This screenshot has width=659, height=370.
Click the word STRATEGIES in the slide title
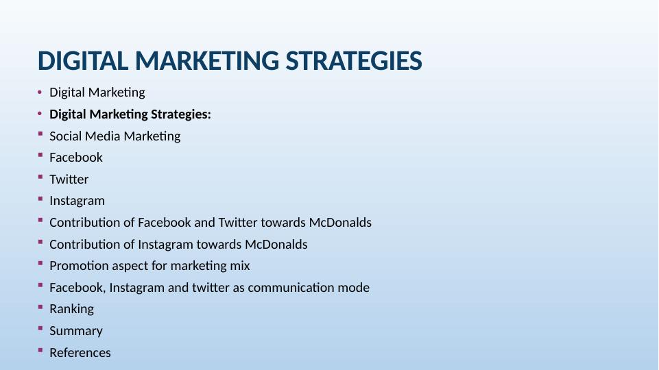[354, 61]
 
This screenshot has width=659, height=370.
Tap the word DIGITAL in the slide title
[83, 61]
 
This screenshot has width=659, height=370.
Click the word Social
[65, 136]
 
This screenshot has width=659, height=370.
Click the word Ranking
[71, 310]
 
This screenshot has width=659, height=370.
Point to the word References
[80, 353]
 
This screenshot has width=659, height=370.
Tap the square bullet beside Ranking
[40, 307]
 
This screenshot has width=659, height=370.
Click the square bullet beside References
[40, 350]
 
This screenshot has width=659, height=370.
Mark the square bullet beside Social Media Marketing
[40, 134]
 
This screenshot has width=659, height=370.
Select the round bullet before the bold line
[40, 114]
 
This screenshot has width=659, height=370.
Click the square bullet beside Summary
[40, 328]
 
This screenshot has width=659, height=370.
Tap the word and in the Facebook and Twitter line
[204, 223]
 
